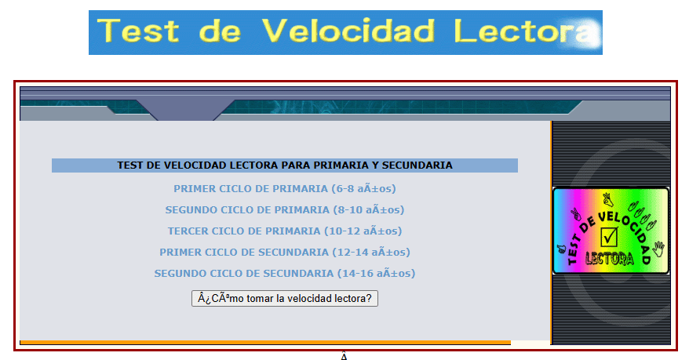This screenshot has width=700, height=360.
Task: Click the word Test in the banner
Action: click(139, 31)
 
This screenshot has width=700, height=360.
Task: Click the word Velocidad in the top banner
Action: click(348, 31)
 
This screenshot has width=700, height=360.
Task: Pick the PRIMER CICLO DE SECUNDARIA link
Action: click(244, 253)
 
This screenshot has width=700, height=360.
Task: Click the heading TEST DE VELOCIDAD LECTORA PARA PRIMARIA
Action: click(284, 165)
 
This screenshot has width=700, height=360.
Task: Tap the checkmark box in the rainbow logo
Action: click(610, 235)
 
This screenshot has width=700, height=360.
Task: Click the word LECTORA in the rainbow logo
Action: click(610, 259)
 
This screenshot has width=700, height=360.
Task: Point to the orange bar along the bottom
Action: click(264, 342)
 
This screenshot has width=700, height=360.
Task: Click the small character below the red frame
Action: click(344, 356)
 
